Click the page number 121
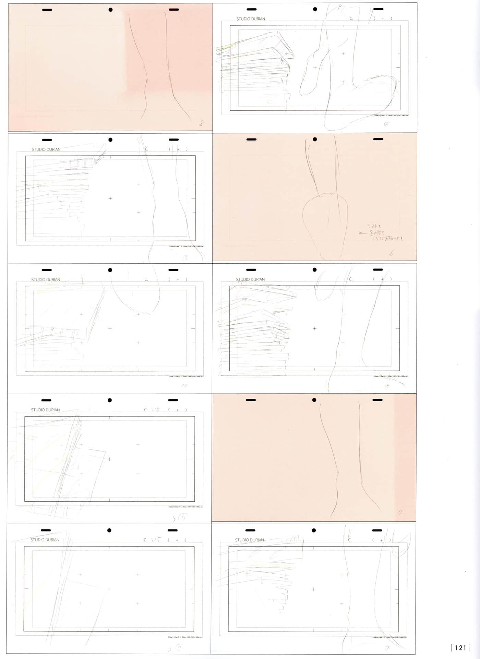(x=460, y=648)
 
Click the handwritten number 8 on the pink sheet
(x=202, y=123)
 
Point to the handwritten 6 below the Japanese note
(x=391, y=254)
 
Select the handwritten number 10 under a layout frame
(x=185, y=385)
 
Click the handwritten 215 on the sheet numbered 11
(x=155, y=409)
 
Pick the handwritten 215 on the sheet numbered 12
(x=155, y=540)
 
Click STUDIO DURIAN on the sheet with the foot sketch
(x=251, y=19)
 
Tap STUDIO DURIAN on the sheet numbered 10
(x=46, y=279)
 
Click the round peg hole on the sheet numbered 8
(x=110, y=10)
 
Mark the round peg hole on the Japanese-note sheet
(x=315, y=139)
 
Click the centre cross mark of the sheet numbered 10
(x=110, y=328)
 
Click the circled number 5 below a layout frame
(x=185, y=258)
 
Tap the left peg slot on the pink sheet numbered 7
(x=251, y=400)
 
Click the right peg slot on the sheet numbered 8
(x=174, y=10)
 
